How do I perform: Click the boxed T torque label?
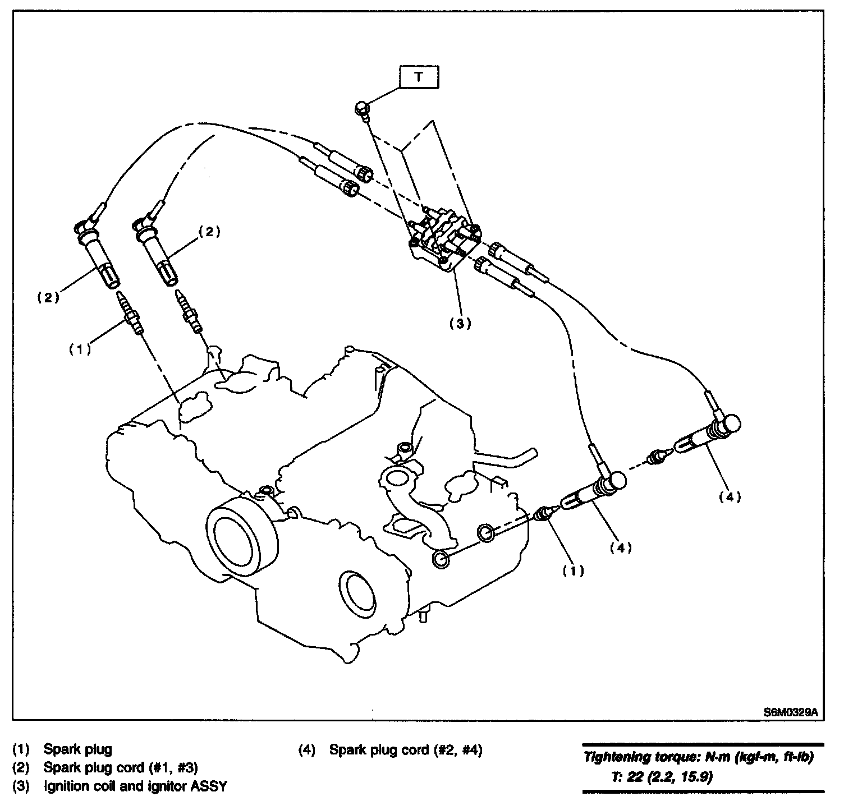(x=419, y=78)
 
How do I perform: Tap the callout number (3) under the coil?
(x=460, y=323)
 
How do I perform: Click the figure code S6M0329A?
(x=790, y=712)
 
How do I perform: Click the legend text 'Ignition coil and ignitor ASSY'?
(x=135, y=786)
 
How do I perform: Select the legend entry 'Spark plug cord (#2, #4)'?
(x=405, y=749)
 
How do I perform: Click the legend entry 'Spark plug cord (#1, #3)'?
(x=120, y=767)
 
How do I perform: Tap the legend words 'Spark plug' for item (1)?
(x=78, y=749)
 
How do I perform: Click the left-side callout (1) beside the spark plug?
(x=80, y=349)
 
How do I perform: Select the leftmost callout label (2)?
(x=48, y=298)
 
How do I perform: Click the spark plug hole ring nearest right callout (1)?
(x=486, y=533)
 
